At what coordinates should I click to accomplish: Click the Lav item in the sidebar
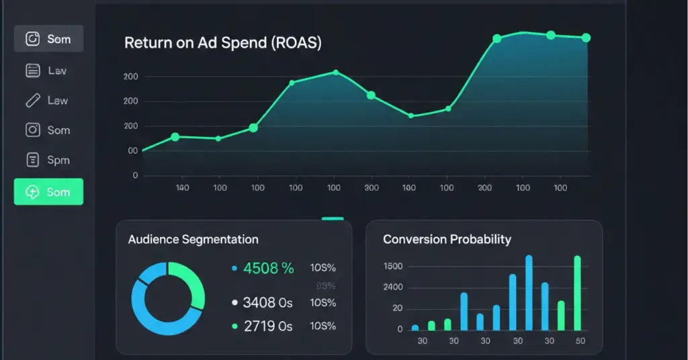48,71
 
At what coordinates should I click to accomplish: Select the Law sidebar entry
48,101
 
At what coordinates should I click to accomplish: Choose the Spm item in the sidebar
48,161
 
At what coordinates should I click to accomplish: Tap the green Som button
48,192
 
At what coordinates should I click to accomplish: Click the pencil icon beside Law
32,101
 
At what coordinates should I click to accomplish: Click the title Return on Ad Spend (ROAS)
222,43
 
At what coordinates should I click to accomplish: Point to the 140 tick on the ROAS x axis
182,188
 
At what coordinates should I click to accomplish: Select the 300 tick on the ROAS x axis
372,188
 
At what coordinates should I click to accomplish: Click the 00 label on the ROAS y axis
132,151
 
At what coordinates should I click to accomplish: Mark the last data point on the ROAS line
585,38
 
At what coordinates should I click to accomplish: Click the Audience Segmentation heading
193,239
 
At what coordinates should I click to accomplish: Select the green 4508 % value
268,269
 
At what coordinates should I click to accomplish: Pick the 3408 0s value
267,303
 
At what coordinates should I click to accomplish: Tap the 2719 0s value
267,326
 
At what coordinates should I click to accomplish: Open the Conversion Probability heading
447,239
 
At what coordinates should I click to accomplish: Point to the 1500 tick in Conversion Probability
392,267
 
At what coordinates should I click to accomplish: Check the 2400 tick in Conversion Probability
392,287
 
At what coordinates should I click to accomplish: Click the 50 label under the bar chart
580,341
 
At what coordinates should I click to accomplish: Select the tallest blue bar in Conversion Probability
529,293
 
